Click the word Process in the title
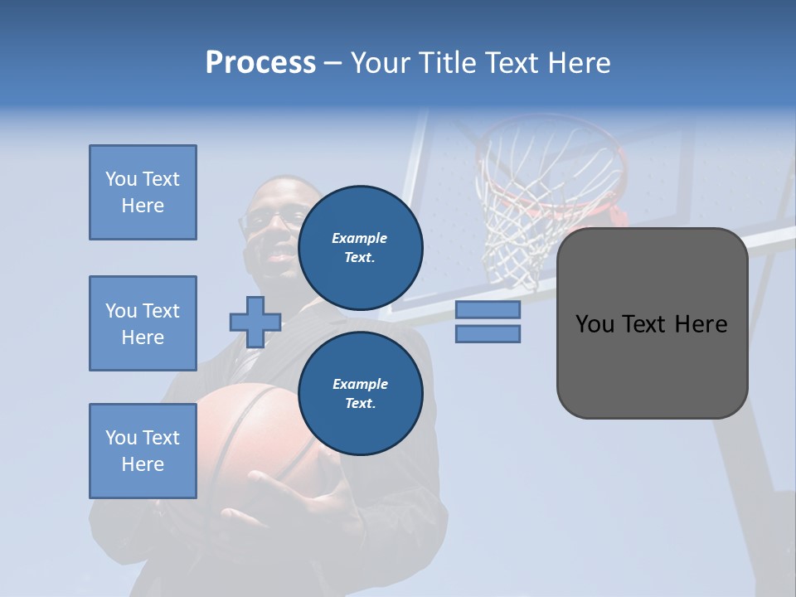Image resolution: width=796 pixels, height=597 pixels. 260,63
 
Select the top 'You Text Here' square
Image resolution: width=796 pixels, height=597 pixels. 143,192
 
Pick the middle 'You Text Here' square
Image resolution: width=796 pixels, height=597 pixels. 143,323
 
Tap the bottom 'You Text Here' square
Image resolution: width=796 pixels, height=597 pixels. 143,451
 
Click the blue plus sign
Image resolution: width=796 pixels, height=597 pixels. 255,322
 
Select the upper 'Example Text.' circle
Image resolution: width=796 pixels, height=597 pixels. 360,247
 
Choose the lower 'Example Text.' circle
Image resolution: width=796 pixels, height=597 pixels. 360,393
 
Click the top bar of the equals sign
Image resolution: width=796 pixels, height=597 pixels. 488,310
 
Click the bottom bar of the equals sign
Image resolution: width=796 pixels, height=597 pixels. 488,333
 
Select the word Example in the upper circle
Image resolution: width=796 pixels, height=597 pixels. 360,238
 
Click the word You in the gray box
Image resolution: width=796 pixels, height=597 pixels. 595,324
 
